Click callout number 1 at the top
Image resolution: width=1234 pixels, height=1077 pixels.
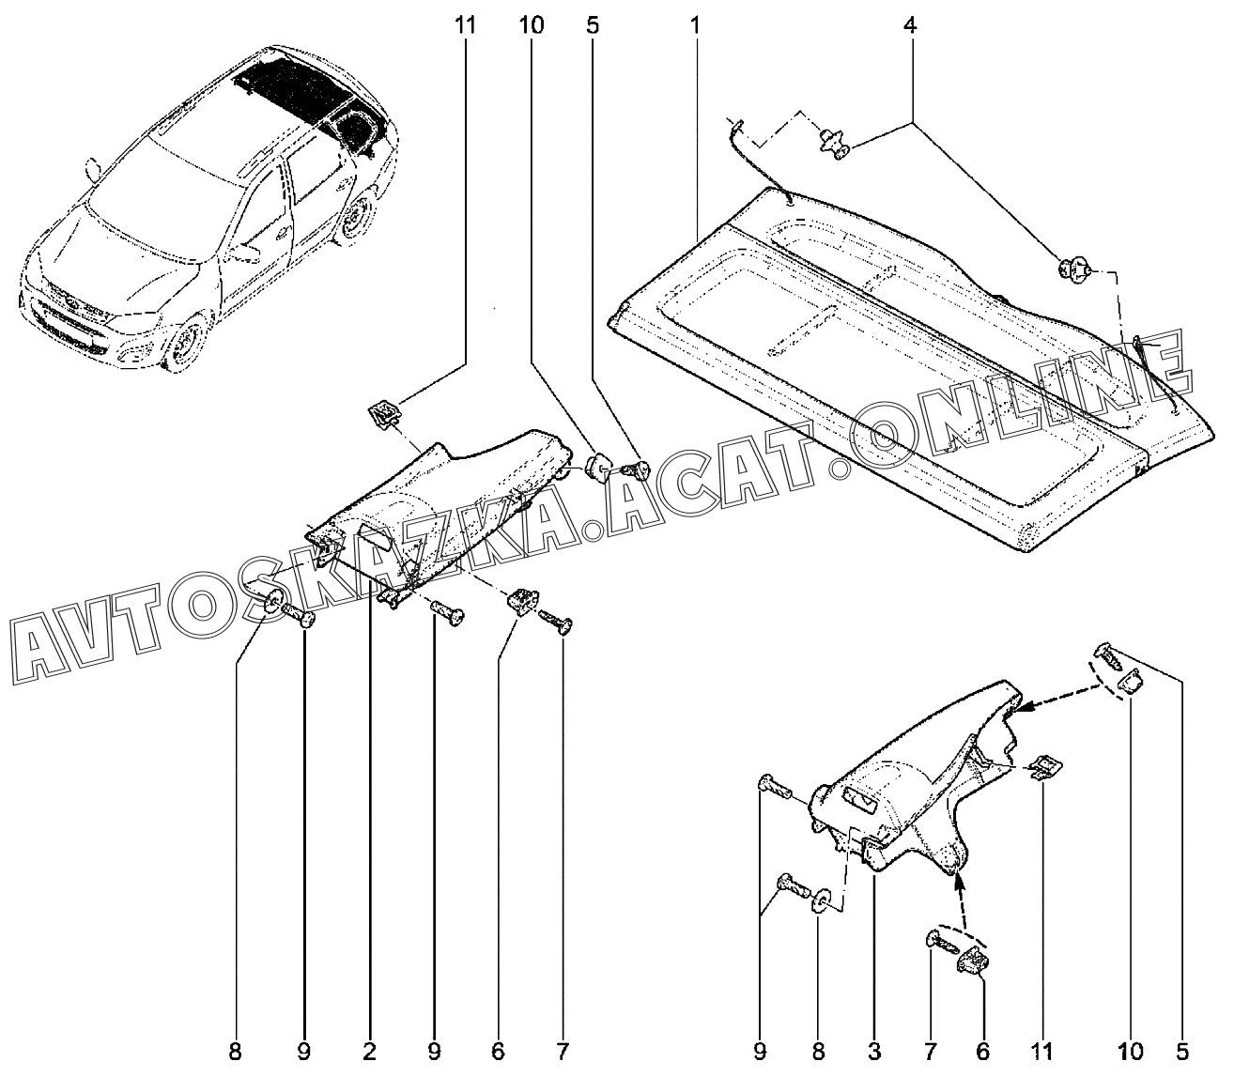[695, 25]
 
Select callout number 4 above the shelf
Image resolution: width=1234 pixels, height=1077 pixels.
[909, 25]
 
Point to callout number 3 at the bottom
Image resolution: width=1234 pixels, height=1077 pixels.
[873, 1050]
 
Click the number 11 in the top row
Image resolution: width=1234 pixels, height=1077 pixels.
[465, 25]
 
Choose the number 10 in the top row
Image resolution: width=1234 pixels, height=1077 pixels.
[531, 25]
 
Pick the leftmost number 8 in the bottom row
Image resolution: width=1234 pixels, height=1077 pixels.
[235, 1050]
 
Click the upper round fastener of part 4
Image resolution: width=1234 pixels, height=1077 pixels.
[831, 143]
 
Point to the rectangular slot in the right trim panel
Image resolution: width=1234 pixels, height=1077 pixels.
[856, 800]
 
